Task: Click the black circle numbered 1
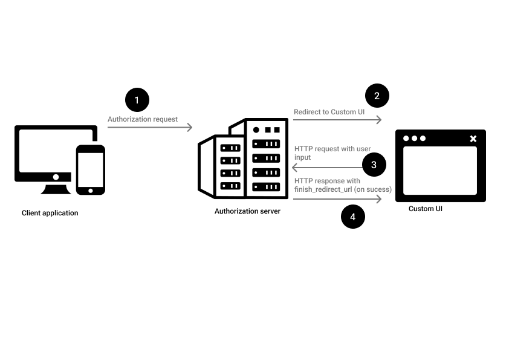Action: coord(137,100)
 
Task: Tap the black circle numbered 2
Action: coord(377,96)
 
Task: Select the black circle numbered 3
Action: coord(374,165)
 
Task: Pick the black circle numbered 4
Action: coord(353,217)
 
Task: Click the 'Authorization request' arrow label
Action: coord(143,119)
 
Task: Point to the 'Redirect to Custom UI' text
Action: coord(329,112)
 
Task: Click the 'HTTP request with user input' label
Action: coord(332,152)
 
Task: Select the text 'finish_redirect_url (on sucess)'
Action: coord(343,189)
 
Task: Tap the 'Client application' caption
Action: coord(50,213)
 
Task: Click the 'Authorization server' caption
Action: coord(247,211)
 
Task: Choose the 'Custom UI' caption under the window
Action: coord(426,209)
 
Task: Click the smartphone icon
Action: coord(91,169)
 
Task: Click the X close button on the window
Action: coord(473,139)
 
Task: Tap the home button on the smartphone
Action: coord(91,190)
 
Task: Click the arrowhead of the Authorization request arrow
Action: coord(189,127)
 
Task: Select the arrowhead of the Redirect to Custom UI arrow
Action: coord(379,119)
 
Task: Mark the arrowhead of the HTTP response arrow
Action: coord(379,198)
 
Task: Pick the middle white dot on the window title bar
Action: coord(415,139)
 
